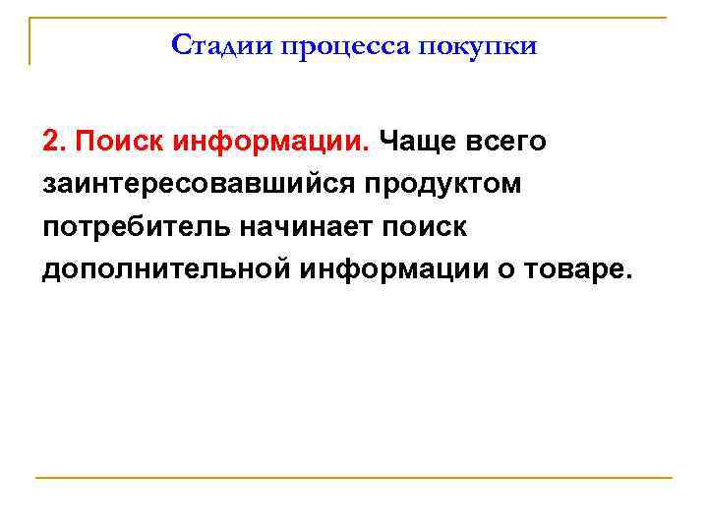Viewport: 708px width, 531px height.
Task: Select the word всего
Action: pos(507,142)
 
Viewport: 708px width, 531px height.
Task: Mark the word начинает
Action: pos(304,227)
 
